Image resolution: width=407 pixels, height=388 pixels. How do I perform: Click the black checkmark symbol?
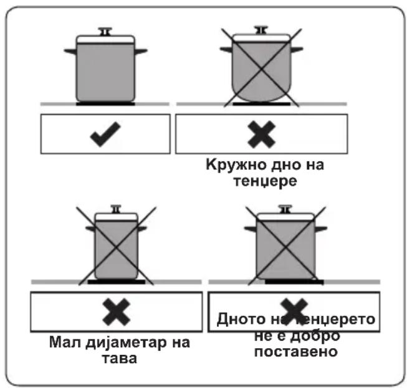pos(105,135)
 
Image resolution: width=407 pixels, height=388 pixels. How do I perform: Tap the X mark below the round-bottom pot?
pos(261,135)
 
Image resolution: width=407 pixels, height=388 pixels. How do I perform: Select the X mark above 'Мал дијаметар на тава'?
pos(117,312)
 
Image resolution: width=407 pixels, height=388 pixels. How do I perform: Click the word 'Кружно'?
pos(232,165)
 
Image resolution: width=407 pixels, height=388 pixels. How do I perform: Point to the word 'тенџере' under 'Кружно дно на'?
pos(265,181)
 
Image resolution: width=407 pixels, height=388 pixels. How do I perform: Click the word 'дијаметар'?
pos(127,343)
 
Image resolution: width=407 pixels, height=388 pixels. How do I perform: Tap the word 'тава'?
pos(119,359)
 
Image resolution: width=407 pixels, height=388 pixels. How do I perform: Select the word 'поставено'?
pos(296,352)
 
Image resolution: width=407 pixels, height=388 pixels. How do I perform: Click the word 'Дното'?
pos(241,319)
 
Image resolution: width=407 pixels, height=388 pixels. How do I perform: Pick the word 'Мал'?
pos(65,342)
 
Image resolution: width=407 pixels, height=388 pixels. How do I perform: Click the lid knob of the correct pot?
pos(105,31)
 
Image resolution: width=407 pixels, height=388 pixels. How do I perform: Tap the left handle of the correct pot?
pos(70,51)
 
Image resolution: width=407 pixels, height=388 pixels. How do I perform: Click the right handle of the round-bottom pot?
pos(297,50)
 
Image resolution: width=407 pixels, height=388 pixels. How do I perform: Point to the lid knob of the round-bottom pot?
pos(261,30)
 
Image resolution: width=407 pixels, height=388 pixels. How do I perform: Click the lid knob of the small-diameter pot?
pos(116,209)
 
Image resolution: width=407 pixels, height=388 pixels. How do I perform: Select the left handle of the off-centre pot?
pos(251,229)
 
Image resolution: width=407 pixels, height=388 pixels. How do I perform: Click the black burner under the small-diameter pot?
pos(117,282)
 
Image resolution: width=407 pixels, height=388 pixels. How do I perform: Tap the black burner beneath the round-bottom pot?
pos(261,104)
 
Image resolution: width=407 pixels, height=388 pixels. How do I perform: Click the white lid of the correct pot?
pos(105,39)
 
